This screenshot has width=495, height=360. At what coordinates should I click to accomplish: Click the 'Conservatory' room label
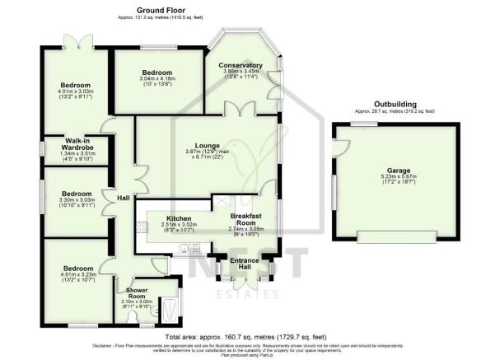click(240, 65)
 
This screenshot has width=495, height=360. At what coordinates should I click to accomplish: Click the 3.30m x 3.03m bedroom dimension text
click(75, 199)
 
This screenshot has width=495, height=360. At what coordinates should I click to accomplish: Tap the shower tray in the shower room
click(170, 310)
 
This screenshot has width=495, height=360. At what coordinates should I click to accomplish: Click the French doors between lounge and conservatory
click(241, 110)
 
